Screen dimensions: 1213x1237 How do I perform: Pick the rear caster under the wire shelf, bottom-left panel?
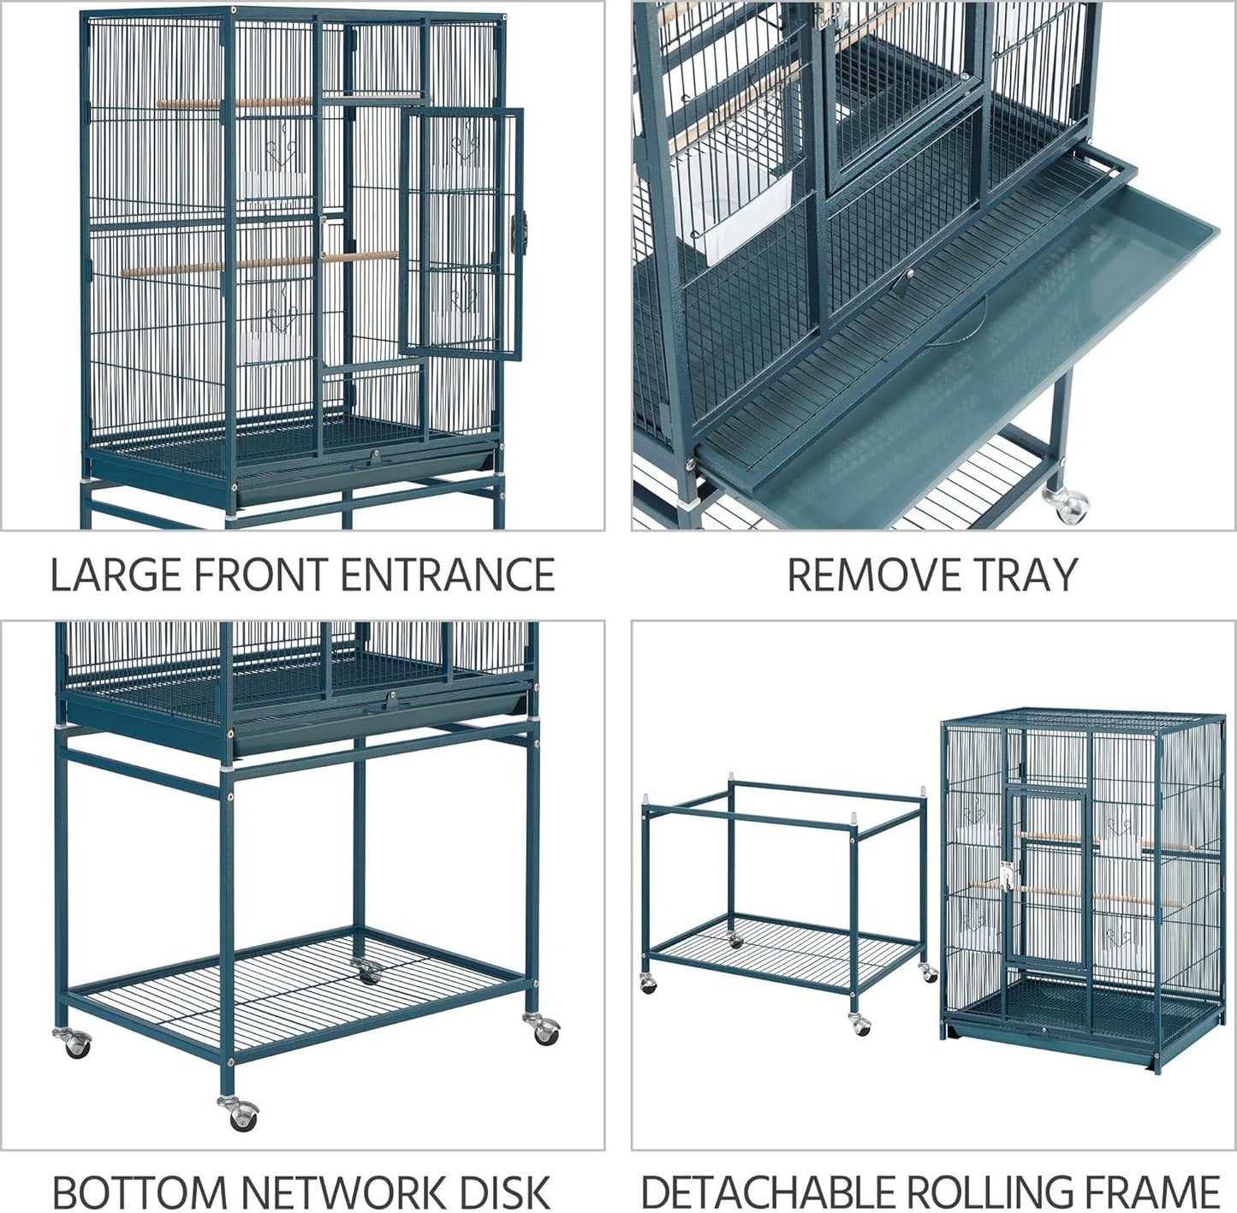click(x=368, y=972)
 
